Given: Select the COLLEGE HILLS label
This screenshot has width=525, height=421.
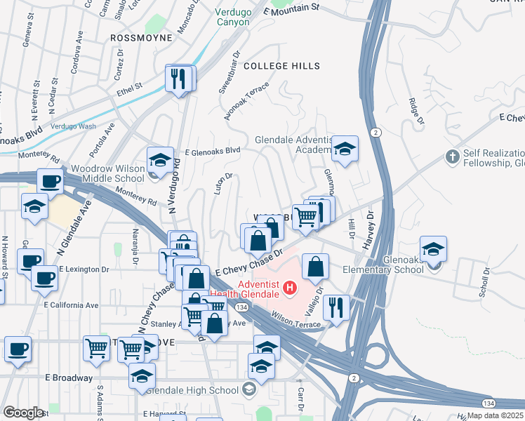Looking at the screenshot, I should coord(282,66).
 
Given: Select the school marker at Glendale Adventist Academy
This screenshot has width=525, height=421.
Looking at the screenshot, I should coord(345,149).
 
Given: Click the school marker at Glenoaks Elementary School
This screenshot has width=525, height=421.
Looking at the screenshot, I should coord(433,248).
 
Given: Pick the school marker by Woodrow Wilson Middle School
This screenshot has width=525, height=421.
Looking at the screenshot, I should coord(160,160).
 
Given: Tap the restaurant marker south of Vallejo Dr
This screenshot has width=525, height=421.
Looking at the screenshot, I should coord(338,307).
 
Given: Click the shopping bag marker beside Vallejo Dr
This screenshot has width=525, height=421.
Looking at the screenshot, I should coord(316,266).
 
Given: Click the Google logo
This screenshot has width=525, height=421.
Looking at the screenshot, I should coord(23,413).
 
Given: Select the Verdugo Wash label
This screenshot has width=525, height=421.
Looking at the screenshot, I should coord(73,126).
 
